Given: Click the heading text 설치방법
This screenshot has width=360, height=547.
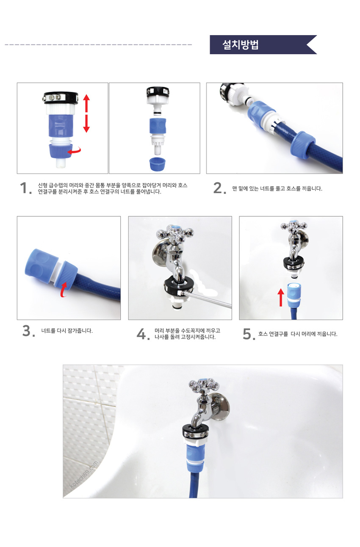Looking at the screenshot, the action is tap(240, 45).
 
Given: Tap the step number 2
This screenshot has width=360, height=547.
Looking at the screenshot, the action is tap(219, 188).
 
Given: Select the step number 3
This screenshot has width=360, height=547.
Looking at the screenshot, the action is tap(28, 331).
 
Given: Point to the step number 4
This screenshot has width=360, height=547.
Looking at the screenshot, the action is tap(143, 334).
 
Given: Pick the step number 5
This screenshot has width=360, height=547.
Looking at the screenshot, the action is tap(249, 334).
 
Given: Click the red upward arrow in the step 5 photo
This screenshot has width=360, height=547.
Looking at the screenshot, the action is tap(281, 298).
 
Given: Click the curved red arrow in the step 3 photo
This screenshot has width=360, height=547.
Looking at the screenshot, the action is tap(64, 290).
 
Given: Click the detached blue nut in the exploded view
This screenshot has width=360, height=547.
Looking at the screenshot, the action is tap(158, 164).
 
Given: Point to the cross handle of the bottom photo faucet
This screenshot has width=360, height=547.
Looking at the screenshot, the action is tap(204, 386).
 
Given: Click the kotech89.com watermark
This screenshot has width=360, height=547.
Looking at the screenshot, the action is tap(84, 475).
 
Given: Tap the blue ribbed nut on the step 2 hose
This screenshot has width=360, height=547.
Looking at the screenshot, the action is tap(302, 145).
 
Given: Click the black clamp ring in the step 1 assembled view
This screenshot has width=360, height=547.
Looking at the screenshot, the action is tap(61, 98).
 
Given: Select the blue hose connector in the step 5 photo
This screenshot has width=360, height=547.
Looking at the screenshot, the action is tap(294, 296).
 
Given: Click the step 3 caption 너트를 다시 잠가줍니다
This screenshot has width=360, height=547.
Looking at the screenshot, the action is tap(66, 331).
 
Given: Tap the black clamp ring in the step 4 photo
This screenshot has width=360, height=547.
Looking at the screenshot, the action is tap(179, 286).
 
